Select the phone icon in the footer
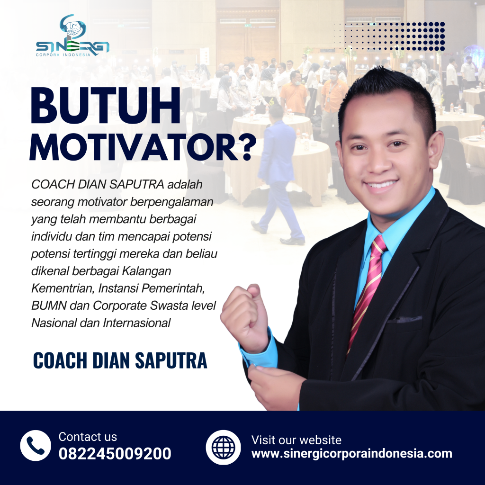pos(36,445)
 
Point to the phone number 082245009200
pos(115,454)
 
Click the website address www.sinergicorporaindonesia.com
pos(351,454)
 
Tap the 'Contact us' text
pos(88,437)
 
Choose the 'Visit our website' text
pos(296,440)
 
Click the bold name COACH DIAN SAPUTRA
pos(120,360)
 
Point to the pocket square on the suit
pos(405,319)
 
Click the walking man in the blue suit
pos(278,180)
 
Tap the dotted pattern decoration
pos(389,36)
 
